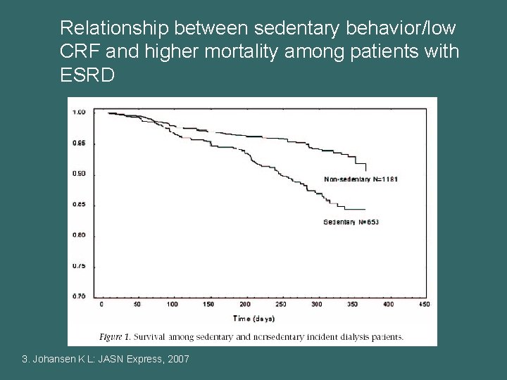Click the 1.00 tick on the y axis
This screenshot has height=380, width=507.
pos(79,112)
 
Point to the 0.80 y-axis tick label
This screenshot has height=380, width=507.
pos(79,235)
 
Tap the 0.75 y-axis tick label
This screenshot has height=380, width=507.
pos(79,266)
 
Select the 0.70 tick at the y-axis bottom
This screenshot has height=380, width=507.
pos(79,296)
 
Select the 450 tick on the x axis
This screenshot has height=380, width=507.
pos(425,305)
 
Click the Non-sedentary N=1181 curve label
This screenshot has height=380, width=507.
pos(361,179)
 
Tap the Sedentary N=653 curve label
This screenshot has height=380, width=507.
pos(351,222)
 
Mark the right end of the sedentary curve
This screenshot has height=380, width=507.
pos(364,209)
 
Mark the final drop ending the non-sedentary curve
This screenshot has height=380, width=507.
pos(366,167)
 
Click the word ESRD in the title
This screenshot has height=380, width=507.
pos(87,75)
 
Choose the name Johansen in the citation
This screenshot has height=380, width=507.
pos(57,360)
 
